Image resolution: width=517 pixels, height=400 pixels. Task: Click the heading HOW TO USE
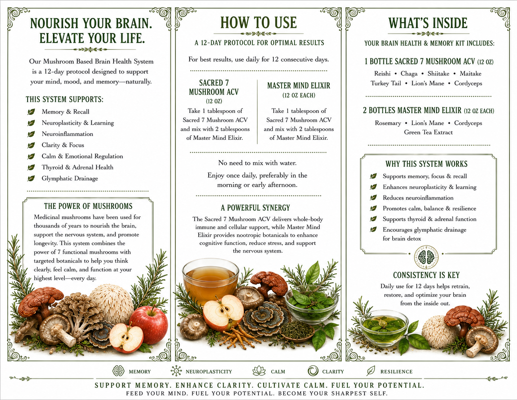(x=258, y=22)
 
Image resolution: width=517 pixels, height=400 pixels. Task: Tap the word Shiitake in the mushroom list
(x=438, y=74)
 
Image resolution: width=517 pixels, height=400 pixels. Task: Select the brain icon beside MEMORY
(x=118, y=371)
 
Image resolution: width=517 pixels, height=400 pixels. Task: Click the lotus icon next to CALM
(x=259, y=371)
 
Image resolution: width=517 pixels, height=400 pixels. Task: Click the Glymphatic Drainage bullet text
(x=70, y=178)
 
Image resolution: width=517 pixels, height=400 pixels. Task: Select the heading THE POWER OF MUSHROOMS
(x=88, y=206)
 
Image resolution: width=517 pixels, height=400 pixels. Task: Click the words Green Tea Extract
(x=428, y=132)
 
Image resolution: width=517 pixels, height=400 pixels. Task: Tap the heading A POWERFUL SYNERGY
(x=255, y=208)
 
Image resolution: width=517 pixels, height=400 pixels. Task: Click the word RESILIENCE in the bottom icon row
(x=396, y=372)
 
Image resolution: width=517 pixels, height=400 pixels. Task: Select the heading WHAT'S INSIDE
(x=428, y=23)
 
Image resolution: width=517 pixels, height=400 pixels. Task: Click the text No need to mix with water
(x=257, y=163)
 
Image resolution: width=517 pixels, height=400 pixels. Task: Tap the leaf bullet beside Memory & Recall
(x=31, y=112)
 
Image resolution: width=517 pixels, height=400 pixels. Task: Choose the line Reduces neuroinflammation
(x=418, y=198)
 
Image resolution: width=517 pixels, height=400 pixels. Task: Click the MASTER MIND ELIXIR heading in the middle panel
(x=299, y=86)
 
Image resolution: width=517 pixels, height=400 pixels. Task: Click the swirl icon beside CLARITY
(x=313, y=371)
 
